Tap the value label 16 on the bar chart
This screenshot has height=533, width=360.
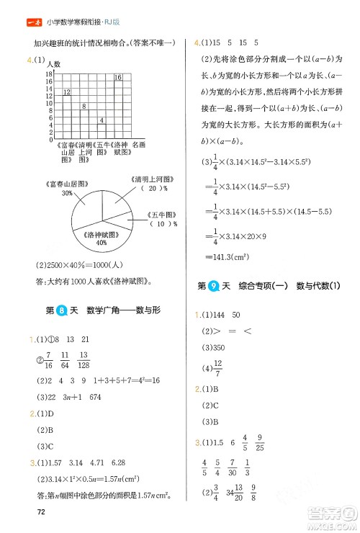[x=118, y=77]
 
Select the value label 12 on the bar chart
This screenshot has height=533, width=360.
[x=66, y=92]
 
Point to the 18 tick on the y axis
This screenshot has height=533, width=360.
[x=50, y=74]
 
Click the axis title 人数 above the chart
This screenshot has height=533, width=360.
[x=55, y=64]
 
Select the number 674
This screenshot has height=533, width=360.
[x=108, y=398]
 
